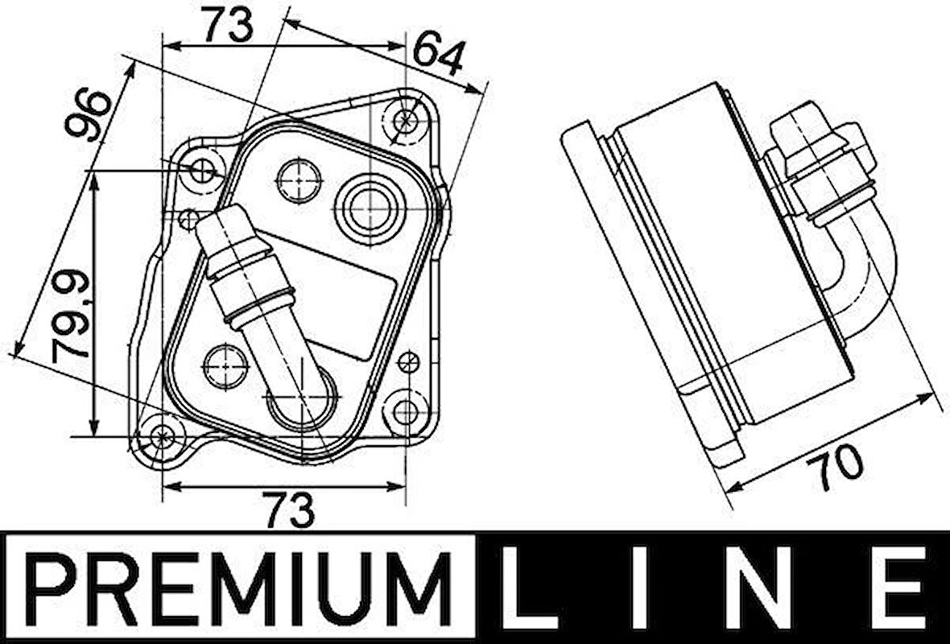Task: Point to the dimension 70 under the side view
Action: [x=837, y=467]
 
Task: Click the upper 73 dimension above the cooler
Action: [x=226, y=24]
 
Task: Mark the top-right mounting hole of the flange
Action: [x=407, y=120]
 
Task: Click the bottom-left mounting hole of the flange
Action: [x=163, y=436]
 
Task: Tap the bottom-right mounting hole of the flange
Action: [x=406, y=412]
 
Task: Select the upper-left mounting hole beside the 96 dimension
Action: [x=203, y=171]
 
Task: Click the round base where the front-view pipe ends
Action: [x=303, y=398]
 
